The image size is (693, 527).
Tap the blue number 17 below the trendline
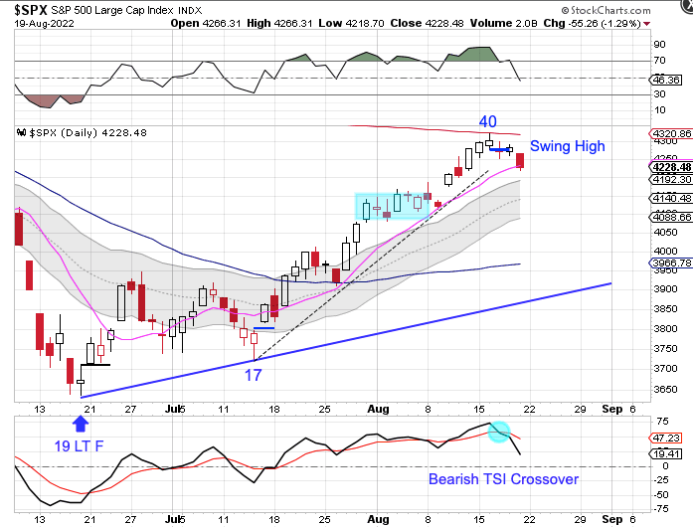[255, 375]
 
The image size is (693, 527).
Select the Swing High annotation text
[567, 146]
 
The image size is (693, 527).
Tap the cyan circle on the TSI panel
[499, 433]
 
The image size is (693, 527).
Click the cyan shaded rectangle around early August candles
[392, 206]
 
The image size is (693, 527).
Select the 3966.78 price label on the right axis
[666, 263]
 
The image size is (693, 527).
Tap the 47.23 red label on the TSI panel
[663, 437]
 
